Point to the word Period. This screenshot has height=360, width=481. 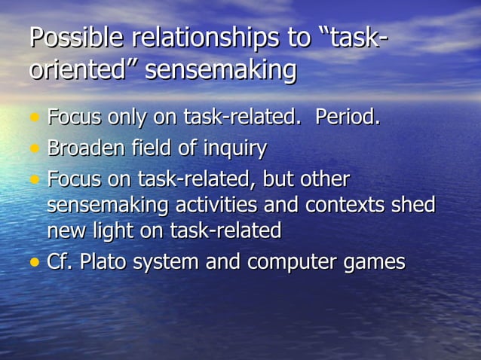click(348, 117)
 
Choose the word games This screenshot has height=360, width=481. click(375, 263)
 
